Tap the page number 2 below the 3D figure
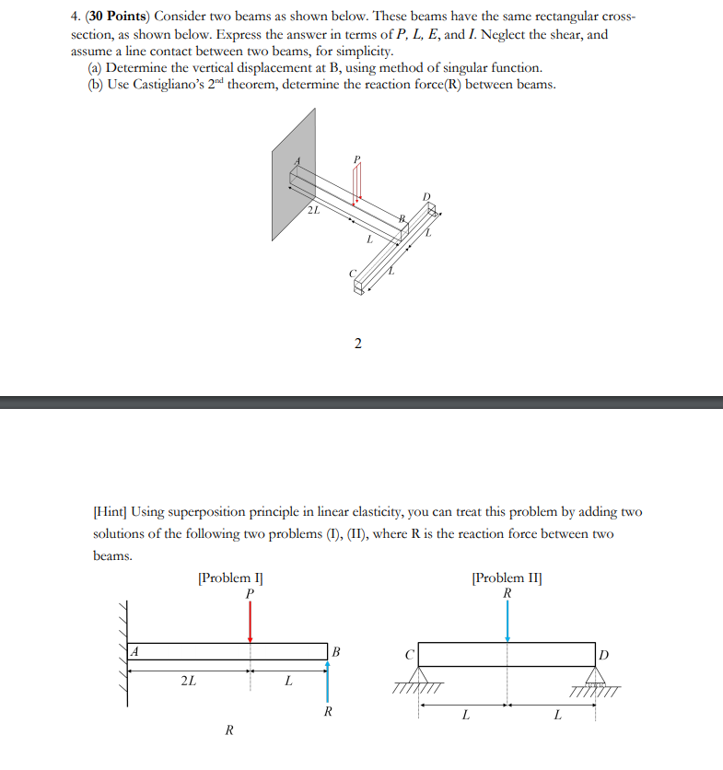[357, 344]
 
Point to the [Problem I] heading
[230, 577]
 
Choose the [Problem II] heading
[507, 577]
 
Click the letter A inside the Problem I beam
[134, 651]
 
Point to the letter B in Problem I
[336, 652]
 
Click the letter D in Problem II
[603, 654]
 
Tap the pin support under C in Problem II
[420, 680]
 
